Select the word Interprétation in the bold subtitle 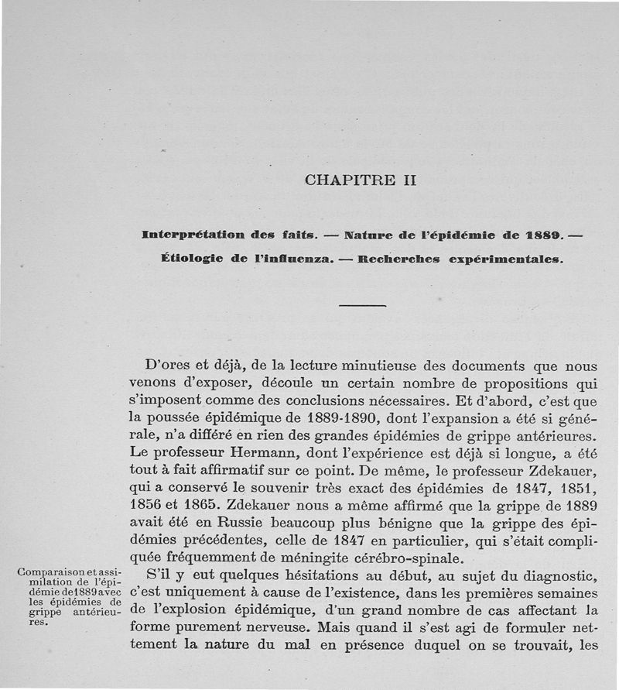pyautogui.click(x=190, y=233)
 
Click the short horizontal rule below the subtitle pyautogui.click(x=362, y=306)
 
